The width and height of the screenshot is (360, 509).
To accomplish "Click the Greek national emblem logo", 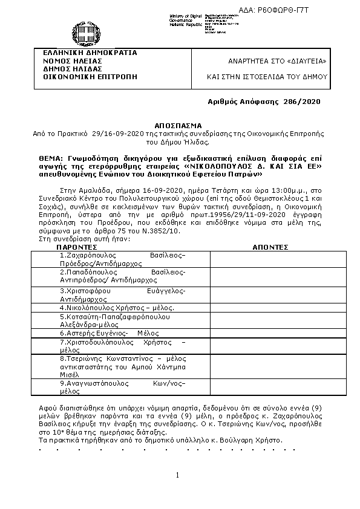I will point(83,33).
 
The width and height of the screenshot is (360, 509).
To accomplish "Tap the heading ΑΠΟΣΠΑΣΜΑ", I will point(179,123).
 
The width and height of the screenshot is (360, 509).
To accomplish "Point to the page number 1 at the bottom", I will point(178,475).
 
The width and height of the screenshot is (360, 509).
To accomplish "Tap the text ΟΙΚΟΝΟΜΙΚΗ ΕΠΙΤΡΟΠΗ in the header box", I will point(85,77).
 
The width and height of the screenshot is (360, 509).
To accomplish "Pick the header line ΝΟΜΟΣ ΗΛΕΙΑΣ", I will point(68,61).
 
